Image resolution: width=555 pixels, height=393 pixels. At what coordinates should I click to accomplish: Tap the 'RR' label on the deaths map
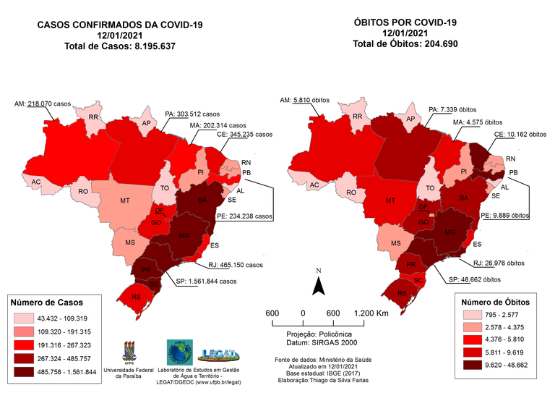(x=357, y=117)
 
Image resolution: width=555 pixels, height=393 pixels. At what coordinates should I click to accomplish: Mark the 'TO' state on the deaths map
(x=431, y=187)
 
